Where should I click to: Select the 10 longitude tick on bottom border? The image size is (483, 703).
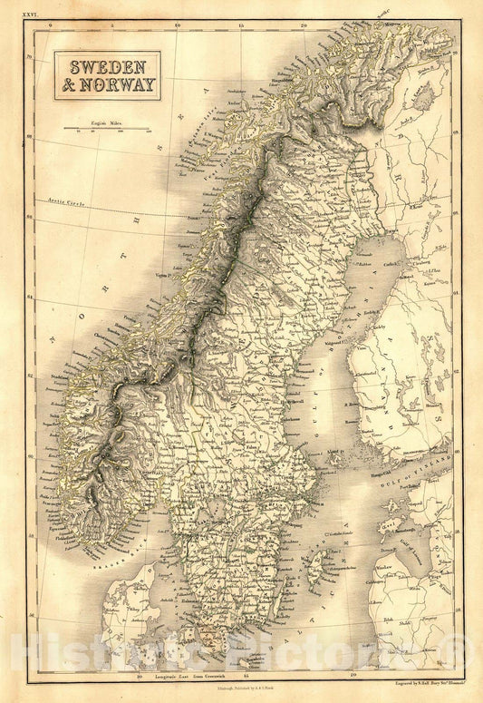pyautogui.click(x=138, y=676)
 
